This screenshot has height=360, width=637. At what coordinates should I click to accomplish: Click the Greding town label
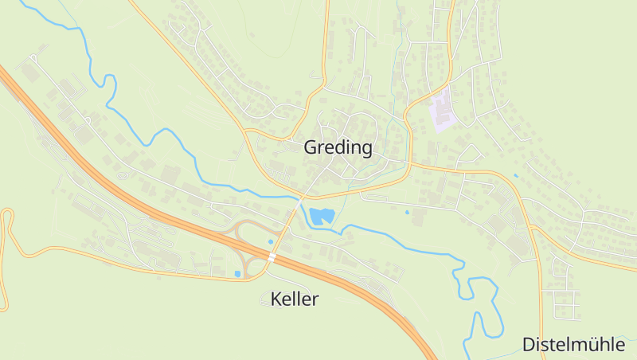click(x=338, y=147)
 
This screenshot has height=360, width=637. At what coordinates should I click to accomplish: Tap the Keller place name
click(x=294, y=299)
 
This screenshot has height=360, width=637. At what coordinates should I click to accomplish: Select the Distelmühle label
click(x=573, y=344)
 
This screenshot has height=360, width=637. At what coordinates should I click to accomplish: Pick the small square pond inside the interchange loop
click(x=237, y=274)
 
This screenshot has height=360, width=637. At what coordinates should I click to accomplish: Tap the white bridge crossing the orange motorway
click(x=272, y=257)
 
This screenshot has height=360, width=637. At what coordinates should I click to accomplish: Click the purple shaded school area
click(x=442, y=110)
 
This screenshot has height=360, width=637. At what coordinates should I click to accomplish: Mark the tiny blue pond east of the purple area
click(x=516, y=175)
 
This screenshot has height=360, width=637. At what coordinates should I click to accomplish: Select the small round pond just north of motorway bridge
click(x=271, y=241)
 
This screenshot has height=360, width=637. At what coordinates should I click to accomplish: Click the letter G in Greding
click(x=311, y=147)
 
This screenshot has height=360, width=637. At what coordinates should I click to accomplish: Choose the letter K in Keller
click(x=276, y=299)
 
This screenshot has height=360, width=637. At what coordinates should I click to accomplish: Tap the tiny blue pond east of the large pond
click(x=407, y=212)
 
